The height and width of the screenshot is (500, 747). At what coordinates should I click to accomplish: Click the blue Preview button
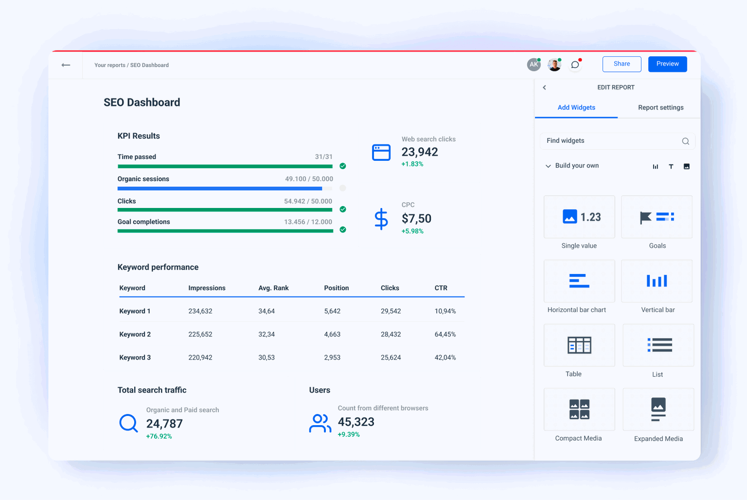[667, 64]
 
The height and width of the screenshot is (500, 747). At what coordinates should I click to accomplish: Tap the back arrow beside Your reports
[66, 65]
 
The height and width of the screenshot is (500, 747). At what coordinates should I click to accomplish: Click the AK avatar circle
[534, 64]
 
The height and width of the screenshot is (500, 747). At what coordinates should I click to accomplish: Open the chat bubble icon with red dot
[575, 65]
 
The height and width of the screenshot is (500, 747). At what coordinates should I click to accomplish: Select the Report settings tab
[660, 107]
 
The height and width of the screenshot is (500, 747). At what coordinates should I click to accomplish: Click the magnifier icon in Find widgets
[685, 141]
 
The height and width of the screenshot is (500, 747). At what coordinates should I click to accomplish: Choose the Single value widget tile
[579, 217]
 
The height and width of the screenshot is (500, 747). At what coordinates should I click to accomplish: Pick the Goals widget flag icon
[646, 218]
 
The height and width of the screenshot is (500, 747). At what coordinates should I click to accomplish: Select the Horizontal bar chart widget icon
[579, 281]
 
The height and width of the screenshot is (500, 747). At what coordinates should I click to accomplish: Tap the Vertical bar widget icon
[657, 281]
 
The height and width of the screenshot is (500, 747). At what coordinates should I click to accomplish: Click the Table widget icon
[579, 345]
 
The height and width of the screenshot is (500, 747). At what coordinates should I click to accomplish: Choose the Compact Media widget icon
[579, 409]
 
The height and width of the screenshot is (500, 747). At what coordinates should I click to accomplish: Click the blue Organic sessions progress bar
[219, 189]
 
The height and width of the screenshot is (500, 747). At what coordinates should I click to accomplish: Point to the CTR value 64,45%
[445, 334]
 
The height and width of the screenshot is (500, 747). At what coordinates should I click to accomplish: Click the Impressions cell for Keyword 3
[200, 358]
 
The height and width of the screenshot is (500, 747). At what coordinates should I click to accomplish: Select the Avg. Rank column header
[273, 288]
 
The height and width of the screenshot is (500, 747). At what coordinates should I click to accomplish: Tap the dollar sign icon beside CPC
[381, 219]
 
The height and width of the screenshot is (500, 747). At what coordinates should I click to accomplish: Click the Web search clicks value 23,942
[419, 152]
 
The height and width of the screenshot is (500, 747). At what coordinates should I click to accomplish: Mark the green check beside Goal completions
[343, 230]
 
